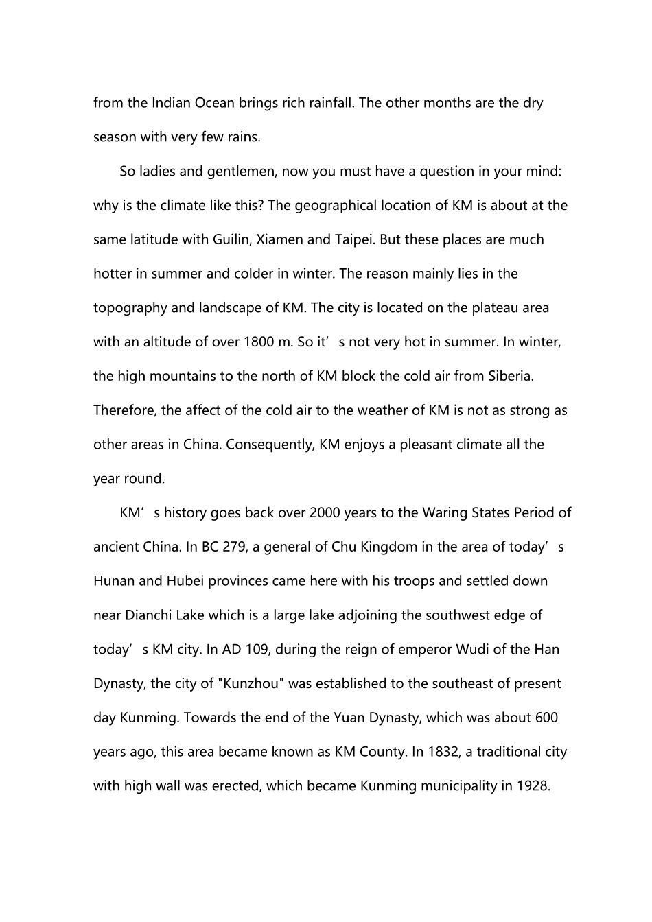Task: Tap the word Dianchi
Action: point(148,615)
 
